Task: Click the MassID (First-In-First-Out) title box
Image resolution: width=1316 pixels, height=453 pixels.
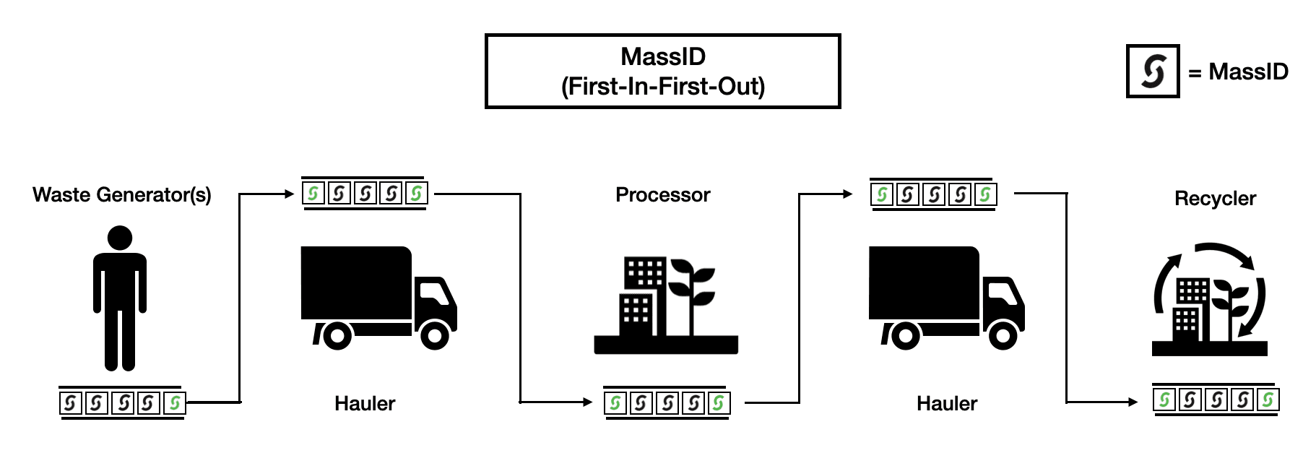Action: (x=662, y=72)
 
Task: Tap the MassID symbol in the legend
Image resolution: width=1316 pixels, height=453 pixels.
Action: (x=1153, y=72)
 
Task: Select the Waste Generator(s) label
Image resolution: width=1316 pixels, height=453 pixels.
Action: (x=122, y=195)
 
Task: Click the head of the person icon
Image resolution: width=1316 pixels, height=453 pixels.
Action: (x=120, y=238)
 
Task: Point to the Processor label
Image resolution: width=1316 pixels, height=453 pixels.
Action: (x=662, y=195)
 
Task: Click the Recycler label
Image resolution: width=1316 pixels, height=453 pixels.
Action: (x=1215, y=199)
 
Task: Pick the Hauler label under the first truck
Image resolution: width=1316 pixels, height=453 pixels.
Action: (x=365, y=403)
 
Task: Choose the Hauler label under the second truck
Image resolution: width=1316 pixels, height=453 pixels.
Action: (x=946, y=403)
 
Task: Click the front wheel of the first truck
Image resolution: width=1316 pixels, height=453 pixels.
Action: (x=435, y=335)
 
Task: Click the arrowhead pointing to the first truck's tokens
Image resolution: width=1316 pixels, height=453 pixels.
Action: (x=290, y=194)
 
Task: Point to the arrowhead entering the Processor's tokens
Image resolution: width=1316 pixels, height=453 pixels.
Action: (x=587, y=402)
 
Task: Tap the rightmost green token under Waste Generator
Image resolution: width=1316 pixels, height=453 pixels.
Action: (x=174, y=402)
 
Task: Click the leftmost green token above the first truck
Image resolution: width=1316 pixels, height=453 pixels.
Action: (x=313, y=194)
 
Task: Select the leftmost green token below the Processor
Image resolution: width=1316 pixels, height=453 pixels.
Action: (x=615, y=402)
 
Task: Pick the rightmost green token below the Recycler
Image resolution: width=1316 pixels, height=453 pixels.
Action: (x=1268, y=400)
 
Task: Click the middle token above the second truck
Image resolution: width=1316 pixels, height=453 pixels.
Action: (x=933, y=194)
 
